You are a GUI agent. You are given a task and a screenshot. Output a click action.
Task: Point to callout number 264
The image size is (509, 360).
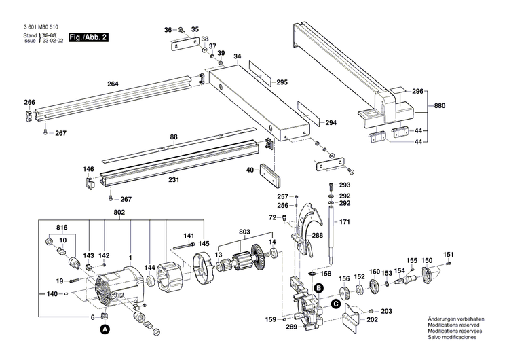(x=113, y=85)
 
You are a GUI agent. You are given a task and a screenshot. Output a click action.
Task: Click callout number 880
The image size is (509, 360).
(x=440, y=105)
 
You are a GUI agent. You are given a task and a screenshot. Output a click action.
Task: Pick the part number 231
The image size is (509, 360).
(x=174, y=179)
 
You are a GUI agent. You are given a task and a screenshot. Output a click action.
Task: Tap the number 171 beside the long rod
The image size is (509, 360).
(x=345, y=222)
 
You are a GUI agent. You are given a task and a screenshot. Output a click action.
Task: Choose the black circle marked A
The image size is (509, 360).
(x=105, y=329)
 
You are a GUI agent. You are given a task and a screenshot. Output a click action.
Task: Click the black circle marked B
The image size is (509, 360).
(x=317, y=288)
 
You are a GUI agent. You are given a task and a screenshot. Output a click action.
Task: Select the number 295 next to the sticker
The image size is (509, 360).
(x=282, y=82)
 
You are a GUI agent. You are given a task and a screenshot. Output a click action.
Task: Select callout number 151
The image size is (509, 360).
(x=448, y=255)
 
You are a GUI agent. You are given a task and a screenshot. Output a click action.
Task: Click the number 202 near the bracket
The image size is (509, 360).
(x=372, y=320)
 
